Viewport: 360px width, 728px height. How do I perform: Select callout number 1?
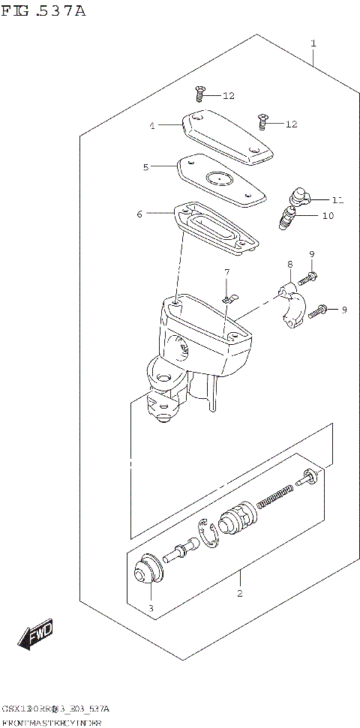point(313,43)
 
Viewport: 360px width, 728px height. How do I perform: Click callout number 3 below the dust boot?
point(150,608)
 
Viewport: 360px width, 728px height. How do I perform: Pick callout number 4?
point(151,126)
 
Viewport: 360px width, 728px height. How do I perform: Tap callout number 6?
point(139,214)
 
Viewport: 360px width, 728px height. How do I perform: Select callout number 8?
point(289,264)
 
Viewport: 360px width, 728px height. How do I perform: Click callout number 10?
point(328,216)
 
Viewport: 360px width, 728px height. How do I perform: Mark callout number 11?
point(337,200)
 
